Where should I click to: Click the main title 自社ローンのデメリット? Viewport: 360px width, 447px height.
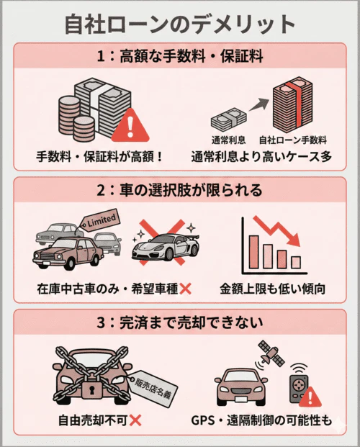pos(179,23)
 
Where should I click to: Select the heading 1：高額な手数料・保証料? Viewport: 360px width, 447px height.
pos(179,55)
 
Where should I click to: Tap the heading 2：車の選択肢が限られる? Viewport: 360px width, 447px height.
pos(179,191)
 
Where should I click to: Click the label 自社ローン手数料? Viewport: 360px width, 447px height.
pos(293,139)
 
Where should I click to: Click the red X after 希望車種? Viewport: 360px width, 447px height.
pos(185,289)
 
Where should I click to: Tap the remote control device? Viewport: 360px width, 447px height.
pos(297,389)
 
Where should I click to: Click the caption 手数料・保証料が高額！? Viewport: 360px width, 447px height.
pos(100,156)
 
